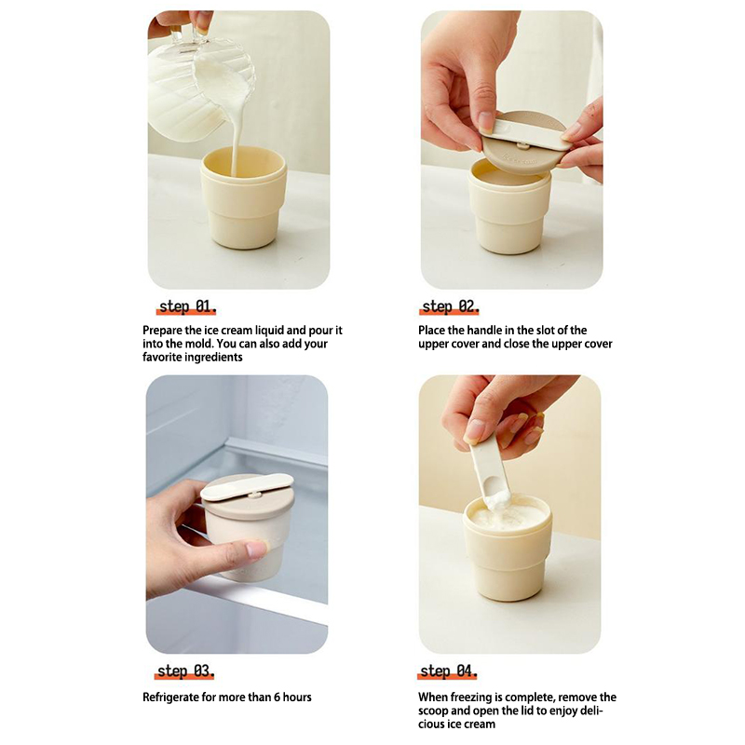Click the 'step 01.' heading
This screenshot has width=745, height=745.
click(187, 306)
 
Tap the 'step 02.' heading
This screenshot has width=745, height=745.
click(451, 306)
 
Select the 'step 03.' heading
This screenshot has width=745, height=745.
click(185, 670)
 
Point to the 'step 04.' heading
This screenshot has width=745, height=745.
click(448, 670)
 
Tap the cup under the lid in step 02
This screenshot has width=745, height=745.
click(509, 209)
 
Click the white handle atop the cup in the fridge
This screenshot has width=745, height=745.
click(247, 486)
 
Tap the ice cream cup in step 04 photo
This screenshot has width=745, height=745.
click(508, 547)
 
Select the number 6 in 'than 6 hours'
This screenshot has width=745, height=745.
click(277, 697)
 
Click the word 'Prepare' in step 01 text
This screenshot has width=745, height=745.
click(161, 331)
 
